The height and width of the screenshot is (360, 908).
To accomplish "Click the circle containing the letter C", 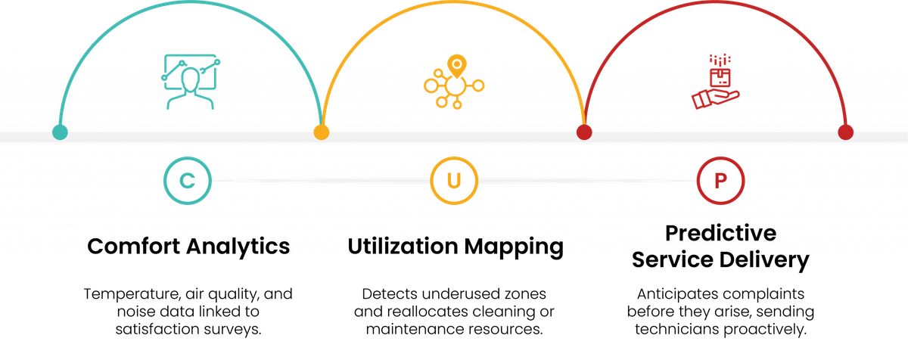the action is [186, 182].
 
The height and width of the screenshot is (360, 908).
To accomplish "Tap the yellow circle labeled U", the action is [453, 182].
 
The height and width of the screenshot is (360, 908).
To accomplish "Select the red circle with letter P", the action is [720, 182].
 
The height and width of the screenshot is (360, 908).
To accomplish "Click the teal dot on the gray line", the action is [60, 132].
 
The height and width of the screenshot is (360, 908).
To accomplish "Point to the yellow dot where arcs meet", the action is [322, 132].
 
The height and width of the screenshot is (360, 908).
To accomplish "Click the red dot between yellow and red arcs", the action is [584, 132].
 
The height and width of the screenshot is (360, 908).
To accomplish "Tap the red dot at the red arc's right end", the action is [846, 132].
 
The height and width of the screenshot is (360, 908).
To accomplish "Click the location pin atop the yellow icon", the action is [456, 64].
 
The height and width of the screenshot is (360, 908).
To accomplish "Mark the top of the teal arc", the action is [191, 2].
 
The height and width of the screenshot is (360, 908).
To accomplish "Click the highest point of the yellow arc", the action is [453, 2].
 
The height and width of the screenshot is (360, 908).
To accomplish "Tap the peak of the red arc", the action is [715, 2].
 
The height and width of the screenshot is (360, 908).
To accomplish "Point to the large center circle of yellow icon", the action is [455, 86].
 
